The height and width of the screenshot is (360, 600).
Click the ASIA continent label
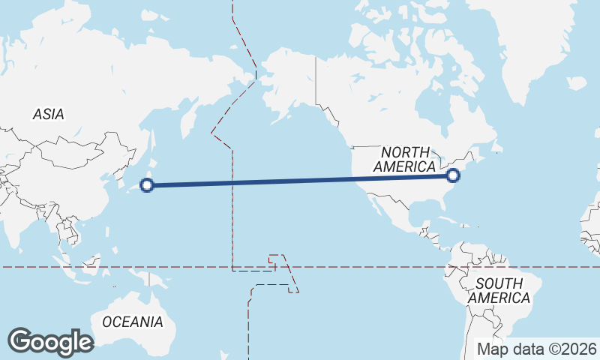tap(48, 115)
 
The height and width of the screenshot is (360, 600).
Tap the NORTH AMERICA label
tap(405, 160)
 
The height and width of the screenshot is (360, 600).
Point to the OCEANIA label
tap(132, 322)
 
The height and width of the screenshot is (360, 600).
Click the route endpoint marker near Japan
tap(148, 184)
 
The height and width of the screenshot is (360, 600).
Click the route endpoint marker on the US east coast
tap(452, 175)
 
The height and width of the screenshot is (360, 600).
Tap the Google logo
tap(50, 342)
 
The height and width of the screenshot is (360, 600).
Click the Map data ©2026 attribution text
tap(537, 349)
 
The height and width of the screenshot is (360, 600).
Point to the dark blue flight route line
tap(300, 180)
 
